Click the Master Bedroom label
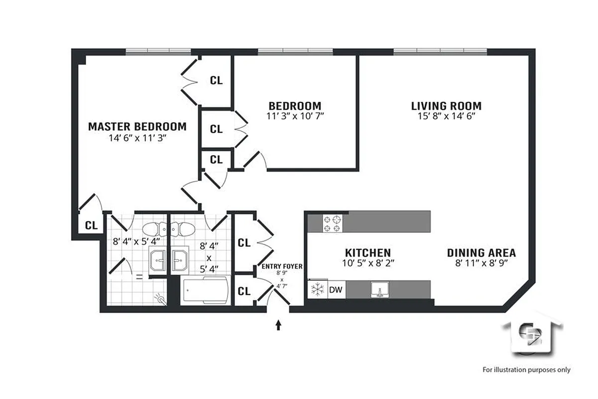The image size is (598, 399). point(137,127)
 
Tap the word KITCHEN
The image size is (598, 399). point(368,253)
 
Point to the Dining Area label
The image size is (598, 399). point(481,253)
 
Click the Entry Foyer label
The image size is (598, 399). point(282,267)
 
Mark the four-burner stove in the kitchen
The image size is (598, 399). point(333,223)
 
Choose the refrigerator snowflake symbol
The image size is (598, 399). point(317,289)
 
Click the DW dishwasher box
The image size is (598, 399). point(337,289)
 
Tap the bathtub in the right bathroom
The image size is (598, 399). point(205,291)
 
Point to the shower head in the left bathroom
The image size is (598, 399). point(160,298)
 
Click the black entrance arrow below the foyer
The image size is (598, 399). point(278,325)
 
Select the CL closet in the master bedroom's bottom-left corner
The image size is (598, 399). point(91,225)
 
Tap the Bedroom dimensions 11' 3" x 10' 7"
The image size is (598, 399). point(295,116)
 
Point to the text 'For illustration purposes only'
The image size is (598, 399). point(526,370)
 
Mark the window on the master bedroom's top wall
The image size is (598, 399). point(158,51)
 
